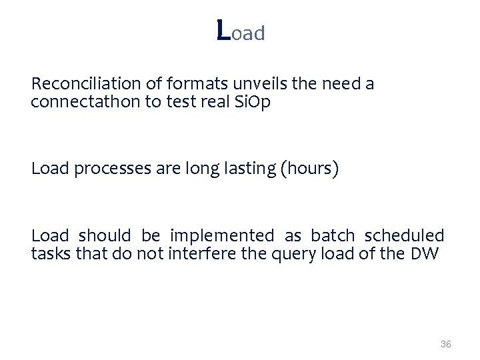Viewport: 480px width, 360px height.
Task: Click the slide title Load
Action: tap(241, 31)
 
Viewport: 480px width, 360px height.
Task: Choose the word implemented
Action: tap(222, 235)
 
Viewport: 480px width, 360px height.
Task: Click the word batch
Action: tap(333, 235)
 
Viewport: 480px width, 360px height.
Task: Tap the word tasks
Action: tap(49, 254)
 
